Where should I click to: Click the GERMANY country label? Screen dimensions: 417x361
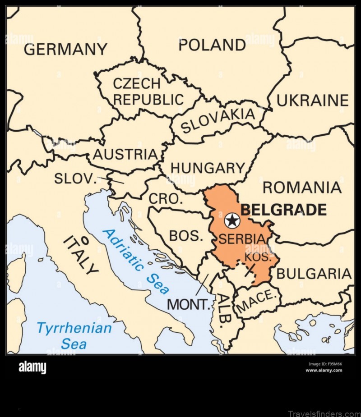tap(65, 49)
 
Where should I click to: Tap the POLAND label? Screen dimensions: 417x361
tap(212, 45)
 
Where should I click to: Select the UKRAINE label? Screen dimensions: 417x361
tap(312, 101)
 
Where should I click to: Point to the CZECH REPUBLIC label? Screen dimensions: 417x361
tap(148, 92)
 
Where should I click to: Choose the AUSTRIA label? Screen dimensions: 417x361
tap(125, 155)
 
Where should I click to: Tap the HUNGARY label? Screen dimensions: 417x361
tap(208, 168)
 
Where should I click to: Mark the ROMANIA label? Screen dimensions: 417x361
tap(302, 187)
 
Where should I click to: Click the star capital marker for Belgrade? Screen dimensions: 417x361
tap(232, 220)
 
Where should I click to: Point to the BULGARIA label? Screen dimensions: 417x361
tap(314, 274)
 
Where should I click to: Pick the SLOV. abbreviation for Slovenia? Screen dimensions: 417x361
tap(75, 179)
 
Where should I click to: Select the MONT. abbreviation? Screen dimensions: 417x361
tap(189, 305)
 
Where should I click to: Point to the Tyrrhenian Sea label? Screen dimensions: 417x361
tap(74, 335)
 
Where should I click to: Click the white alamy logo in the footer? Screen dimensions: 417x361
tap(32, 368)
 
